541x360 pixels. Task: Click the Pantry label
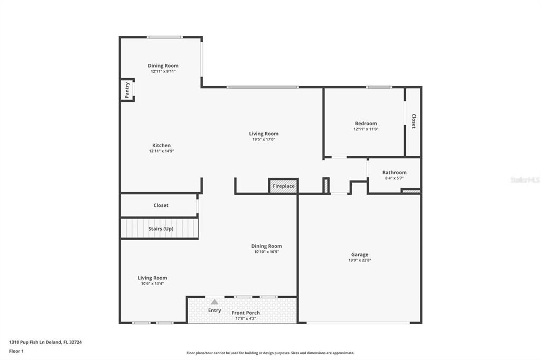127,90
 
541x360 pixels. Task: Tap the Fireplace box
283,186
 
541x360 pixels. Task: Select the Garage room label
360,254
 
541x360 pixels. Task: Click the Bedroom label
366,123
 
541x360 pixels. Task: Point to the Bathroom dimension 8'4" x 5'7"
394,178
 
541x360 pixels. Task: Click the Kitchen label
162,145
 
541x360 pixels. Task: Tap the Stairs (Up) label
161,229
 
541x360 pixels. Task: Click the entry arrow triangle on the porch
214,302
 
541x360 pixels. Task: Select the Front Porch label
246,313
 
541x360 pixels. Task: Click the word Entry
214,310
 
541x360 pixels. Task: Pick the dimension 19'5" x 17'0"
264,139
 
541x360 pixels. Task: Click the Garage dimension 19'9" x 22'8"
360,260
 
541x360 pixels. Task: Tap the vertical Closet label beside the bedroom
414,121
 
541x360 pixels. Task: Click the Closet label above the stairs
161,205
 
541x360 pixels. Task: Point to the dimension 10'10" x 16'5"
266,252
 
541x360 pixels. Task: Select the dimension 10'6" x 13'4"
152,283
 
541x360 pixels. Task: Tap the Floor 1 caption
16,352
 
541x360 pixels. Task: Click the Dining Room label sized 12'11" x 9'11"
163,65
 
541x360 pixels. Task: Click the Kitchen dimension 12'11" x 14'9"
162,151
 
